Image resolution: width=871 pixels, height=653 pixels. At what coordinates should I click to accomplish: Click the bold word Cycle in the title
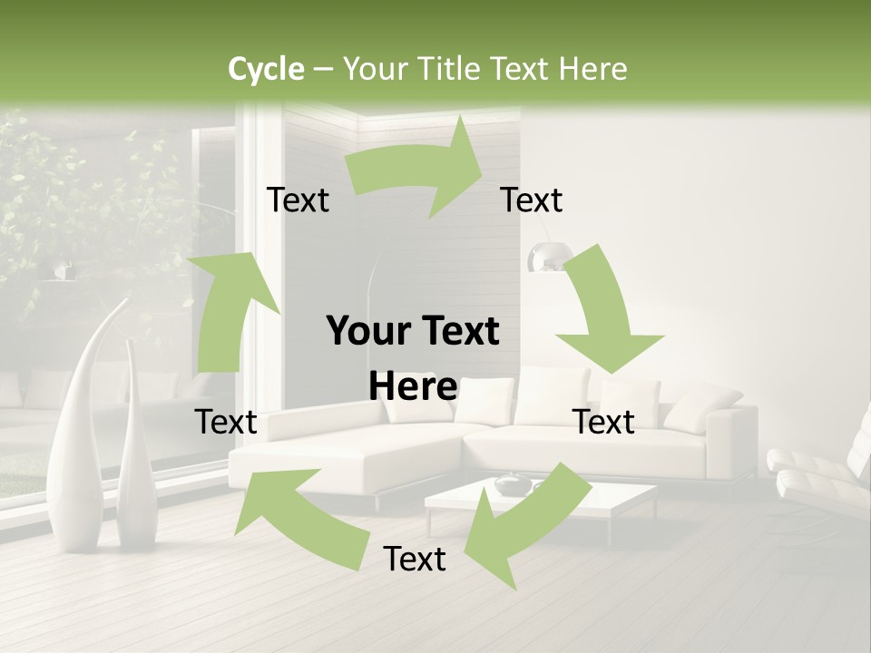(266, 69)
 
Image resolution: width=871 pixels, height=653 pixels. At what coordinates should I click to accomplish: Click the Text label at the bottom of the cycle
(415, 559)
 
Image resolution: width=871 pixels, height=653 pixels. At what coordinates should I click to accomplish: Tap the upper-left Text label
(298, 200)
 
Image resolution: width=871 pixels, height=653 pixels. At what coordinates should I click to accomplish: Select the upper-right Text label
(532, 200)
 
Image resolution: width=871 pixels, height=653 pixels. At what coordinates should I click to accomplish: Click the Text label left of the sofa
(226, 422)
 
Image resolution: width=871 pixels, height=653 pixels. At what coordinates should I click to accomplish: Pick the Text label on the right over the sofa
(604, 422)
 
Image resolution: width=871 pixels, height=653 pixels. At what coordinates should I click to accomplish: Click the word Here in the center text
(413, 387)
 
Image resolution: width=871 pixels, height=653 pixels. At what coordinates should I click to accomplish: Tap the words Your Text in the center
(413, 332)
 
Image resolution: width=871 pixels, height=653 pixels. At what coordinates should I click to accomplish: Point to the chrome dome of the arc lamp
(545, 258)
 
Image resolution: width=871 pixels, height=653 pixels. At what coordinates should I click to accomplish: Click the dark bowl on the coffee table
(513, 483)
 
